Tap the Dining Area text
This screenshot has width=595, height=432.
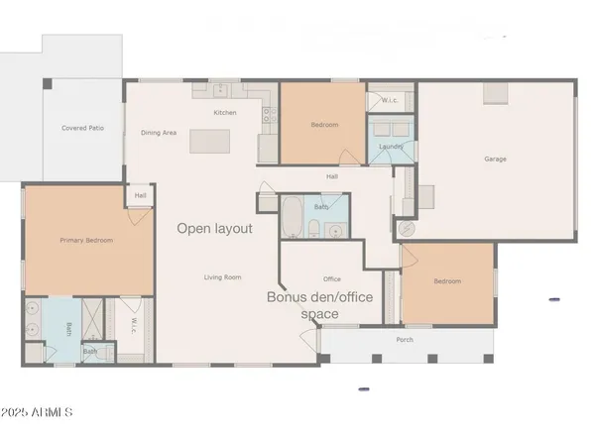click(158, 132)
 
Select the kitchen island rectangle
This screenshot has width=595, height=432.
click(209, 140)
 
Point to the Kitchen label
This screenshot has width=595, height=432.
click(225, 112)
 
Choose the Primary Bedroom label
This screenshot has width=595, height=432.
click(85, 240)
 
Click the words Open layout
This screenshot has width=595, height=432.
click(214, 228)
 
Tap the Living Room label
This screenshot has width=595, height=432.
click(223, 276)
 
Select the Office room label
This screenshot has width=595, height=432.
click(332, 278)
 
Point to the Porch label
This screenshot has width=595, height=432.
click(405, 340)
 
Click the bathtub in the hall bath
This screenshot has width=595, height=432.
click(292, 217)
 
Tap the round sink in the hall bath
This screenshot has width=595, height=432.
click(335, 231)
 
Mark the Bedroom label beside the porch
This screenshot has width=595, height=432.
click(447, 281)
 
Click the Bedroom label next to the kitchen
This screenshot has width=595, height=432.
click(324, 125)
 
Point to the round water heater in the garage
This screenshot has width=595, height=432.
click(407, 227)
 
